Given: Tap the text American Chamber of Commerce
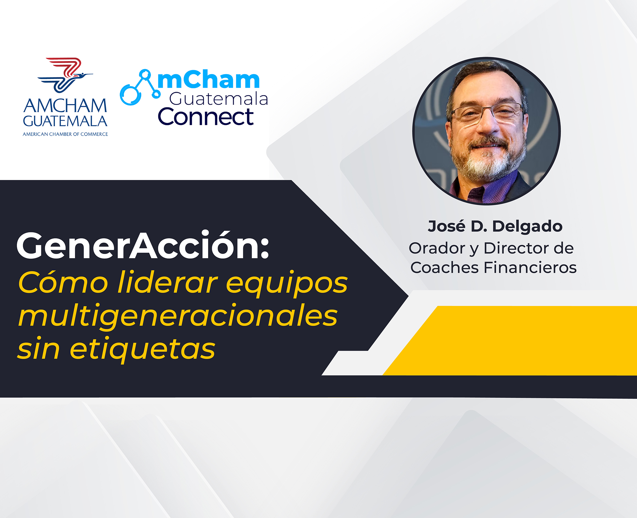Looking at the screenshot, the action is pos(65,134).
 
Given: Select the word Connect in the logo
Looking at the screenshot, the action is pos(206,117).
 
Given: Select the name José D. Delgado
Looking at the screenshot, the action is pos(495,226).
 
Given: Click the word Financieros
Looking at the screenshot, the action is pos(530,268).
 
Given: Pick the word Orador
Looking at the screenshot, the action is pos(437,248).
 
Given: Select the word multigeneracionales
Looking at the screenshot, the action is pos(178,316).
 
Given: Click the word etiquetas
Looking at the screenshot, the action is pos(143,350).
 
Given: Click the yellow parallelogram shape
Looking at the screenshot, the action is pos(510,340).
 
